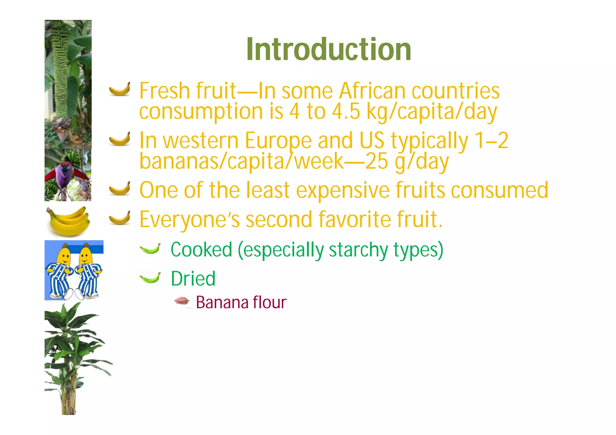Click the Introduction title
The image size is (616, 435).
point(329,49)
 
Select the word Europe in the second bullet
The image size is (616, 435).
point(278,141)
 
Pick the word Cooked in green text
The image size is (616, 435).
point(202,250)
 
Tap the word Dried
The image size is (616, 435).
point(193,279)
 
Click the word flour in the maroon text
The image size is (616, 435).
point(269,302)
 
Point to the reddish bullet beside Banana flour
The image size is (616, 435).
point(182,301)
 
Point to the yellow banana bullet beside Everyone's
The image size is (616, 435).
point(120,218)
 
